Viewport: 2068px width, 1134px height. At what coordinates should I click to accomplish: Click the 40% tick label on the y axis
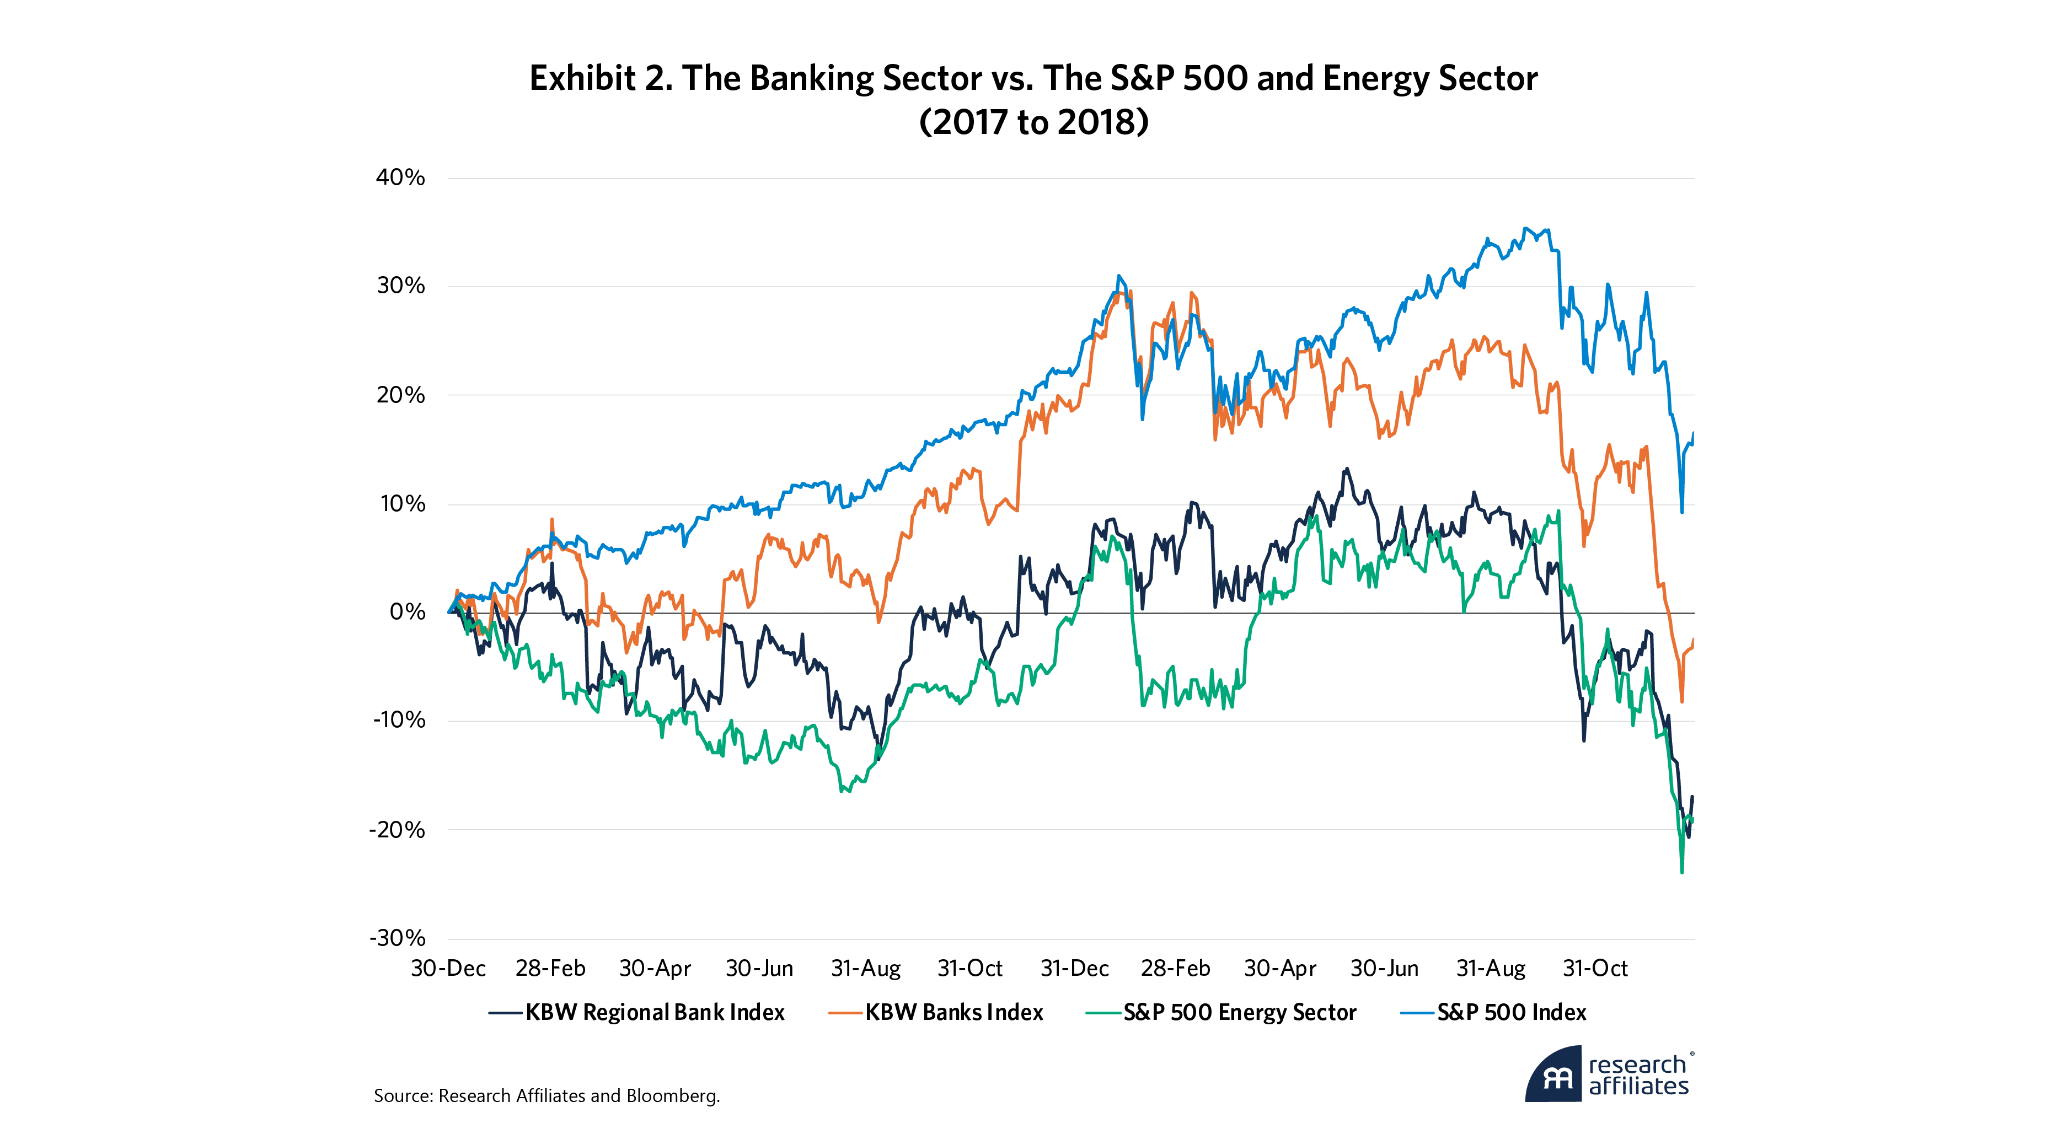click(400, 178)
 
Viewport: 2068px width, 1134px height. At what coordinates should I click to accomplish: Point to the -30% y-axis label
click(398, 937)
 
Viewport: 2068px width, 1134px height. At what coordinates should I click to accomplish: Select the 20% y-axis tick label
click(400, 395)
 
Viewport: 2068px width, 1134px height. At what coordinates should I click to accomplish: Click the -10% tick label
click(398, 720)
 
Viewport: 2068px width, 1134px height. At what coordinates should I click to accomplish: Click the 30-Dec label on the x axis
click(448, 969)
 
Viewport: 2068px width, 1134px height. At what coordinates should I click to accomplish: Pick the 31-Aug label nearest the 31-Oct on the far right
click(1491, 969)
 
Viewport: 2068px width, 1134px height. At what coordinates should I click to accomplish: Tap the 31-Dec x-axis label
click(1074, 969)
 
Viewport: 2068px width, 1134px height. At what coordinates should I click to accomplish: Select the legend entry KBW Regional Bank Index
click(654, 1013)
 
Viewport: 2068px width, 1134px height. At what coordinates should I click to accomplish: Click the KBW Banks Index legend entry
click(953, 1013)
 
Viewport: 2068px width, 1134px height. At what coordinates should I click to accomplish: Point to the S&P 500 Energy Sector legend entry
click(1239, 1013)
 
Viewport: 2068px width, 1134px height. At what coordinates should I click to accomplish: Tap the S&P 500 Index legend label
click(1511, 1013)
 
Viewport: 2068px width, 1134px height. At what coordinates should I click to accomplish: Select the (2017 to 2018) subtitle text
click(1034, 122)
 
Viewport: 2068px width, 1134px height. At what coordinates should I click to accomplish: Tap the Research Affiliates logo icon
click(1554, 1076)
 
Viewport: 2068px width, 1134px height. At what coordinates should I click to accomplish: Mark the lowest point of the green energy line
click(1682, 872)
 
